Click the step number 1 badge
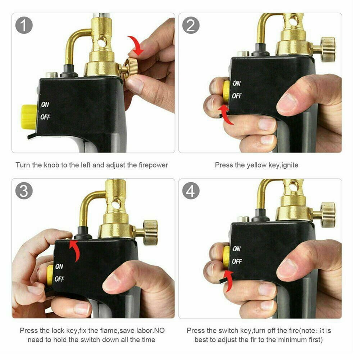24,26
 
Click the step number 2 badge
191,26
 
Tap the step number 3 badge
24,191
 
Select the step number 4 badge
191,191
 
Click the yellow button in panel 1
28,116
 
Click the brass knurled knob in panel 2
328,49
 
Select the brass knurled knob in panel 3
150,232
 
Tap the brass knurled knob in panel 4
328,215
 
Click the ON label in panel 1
45,105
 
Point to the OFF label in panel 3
59,279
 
